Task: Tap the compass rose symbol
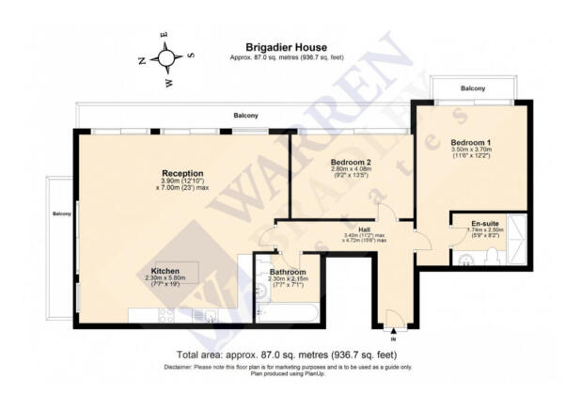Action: [x=166, y=58]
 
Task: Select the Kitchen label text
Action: [x=165, y=271]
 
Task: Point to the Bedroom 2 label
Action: [x=351, y=163]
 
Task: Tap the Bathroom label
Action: [x=289, y=273]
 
